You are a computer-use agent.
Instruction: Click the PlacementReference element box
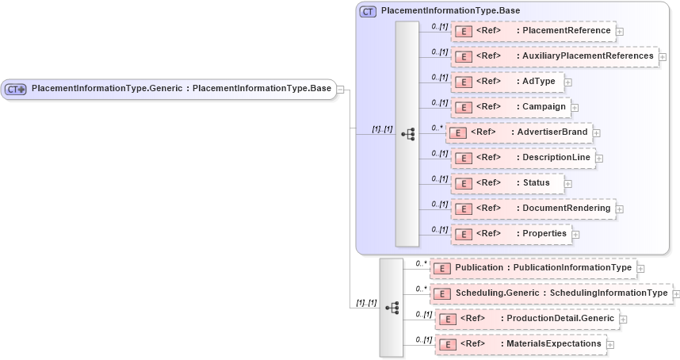[533, 31]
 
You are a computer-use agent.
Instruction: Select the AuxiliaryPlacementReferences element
[555, 56]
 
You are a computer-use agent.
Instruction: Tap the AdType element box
[507, 82]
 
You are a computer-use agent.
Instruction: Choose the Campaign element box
[511, 107]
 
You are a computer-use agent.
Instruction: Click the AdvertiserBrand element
[519, 132]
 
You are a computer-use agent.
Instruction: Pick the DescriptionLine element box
[523, 158]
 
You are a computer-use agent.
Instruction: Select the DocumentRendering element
[533, 209]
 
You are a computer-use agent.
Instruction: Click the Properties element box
[510, 234]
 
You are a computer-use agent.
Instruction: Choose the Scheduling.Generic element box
[551, 293]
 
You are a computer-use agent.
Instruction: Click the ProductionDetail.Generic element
[527, 319]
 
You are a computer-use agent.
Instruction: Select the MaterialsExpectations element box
[521, 344]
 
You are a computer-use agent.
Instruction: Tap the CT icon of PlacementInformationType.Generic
[16, 89]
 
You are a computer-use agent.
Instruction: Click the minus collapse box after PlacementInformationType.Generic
[340, 89]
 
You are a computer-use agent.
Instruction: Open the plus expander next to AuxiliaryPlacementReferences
[663, 57]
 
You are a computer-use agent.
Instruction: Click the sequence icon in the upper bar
[407, 134]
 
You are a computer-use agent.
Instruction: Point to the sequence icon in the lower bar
[392, 307]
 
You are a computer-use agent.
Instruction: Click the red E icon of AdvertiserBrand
[457, 132]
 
